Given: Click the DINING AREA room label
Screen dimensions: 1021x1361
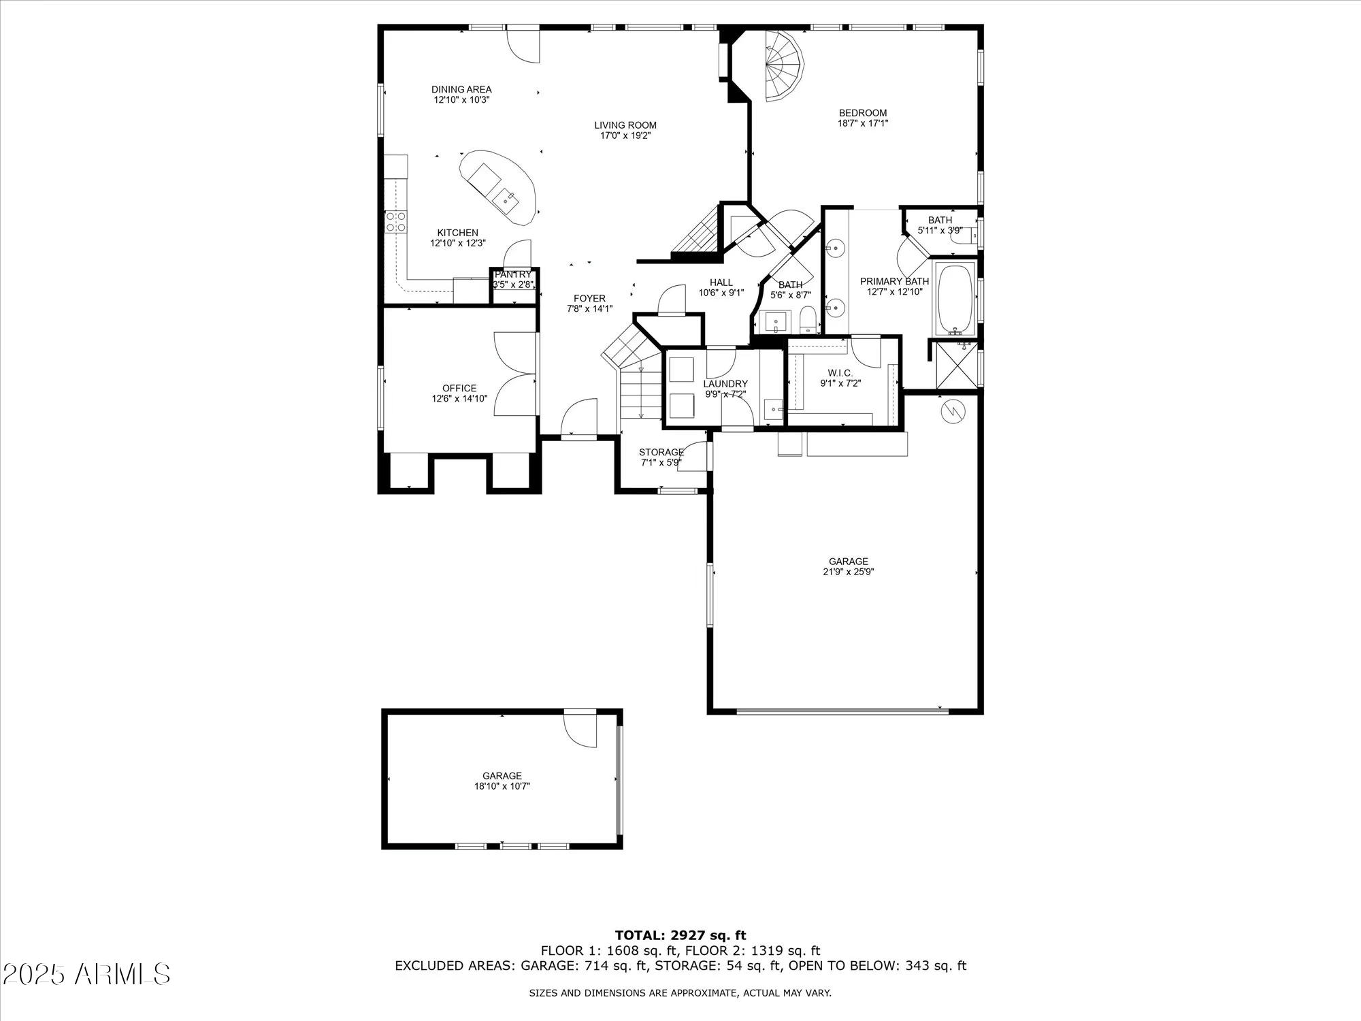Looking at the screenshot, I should (461, 89).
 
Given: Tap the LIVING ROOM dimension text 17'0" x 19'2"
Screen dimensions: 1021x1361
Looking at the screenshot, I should (625, 135).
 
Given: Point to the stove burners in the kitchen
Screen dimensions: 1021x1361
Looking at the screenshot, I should (395, 221).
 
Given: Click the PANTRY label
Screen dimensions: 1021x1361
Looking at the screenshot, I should (512, 274).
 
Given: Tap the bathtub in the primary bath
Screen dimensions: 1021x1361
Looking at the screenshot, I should (955, 297).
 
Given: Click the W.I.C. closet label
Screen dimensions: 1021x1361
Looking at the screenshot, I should (840, 373).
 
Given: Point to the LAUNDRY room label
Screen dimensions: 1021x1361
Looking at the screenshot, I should (725, 384).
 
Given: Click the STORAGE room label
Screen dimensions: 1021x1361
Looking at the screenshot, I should (661, 452).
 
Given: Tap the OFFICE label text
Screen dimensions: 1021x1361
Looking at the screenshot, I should (459, 388).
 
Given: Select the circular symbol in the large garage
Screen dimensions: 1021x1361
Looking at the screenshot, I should (952, 411).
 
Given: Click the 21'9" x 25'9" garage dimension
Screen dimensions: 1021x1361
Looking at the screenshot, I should (848, 572).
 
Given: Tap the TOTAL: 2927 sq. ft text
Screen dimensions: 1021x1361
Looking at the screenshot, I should (680, 935).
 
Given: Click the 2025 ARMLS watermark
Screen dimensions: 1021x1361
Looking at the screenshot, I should (86, 974).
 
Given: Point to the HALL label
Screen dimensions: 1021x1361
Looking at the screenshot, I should (721, 282).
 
